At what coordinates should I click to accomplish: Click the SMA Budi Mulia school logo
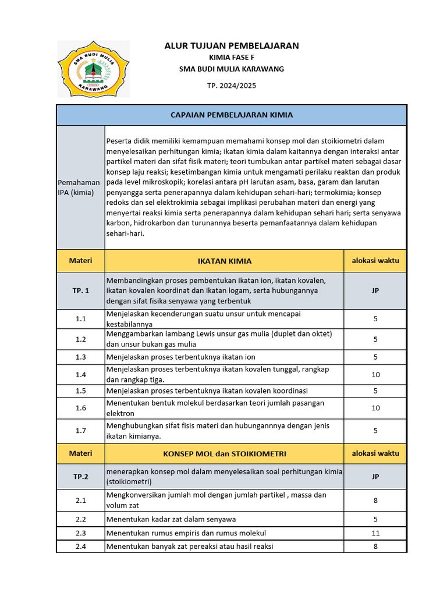(x=93, y=69)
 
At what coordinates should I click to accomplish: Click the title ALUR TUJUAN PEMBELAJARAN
(x=232, y=45)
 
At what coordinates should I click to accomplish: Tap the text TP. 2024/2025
(x=232, y=85)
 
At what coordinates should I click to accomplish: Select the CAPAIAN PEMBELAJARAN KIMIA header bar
(x=232, y=115)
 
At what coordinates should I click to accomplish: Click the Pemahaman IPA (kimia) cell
(x=80, y=187)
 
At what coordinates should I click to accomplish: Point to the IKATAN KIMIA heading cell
(x=224, y=261)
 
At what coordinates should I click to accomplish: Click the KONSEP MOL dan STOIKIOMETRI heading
(x=224, y=453)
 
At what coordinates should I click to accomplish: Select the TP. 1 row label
(x=80, y=290)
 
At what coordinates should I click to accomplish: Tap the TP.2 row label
(x=80, y=477)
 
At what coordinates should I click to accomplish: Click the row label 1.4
(x=80, y=375)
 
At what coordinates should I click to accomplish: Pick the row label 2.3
(x=80, y=533)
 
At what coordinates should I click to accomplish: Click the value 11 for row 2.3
(x=375, y=533)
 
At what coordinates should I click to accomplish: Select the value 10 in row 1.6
(x=375, y=408)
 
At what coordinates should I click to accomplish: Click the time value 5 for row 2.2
(x=375, y=519)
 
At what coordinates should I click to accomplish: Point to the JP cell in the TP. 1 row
(x=375, y=290)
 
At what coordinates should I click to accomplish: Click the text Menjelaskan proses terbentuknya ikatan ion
(x=180, y=357)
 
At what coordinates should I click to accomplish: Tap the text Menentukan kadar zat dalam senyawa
(x=171, y=519)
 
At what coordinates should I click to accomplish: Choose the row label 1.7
(x=80, y=431)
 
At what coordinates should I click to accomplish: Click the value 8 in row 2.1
(x=375, y=500)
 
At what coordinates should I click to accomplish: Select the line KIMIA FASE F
(x=232, y=57)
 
